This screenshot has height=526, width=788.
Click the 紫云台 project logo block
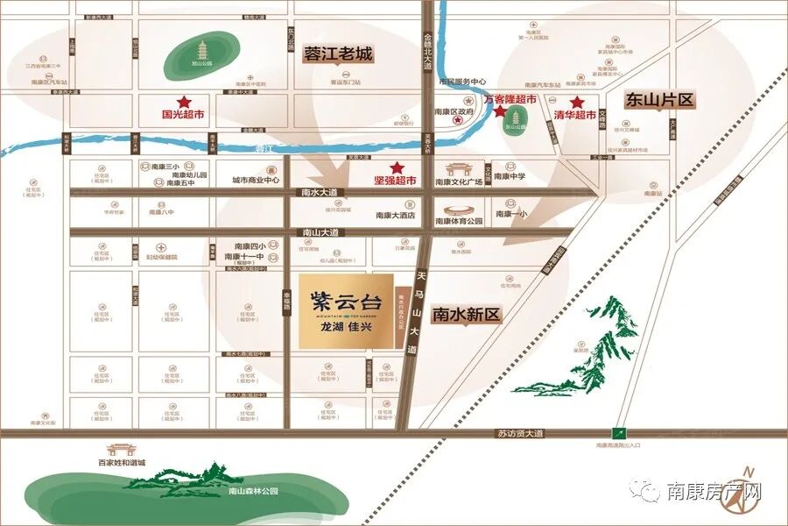click(x=345, y=313)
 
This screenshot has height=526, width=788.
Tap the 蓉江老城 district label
click(x=337, y=53)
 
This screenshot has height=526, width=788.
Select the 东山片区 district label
click(x=658, y=100)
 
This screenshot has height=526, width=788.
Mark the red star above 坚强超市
click(x=397, y=167)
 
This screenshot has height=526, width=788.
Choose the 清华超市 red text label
click(x=574, y=115)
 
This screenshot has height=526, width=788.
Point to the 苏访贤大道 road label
click(x=520, y=433)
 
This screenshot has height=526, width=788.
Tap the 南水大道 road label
click(x=318, y=192)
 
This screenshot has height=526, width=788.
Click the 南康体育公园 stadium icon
click(x=459, y=210)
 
